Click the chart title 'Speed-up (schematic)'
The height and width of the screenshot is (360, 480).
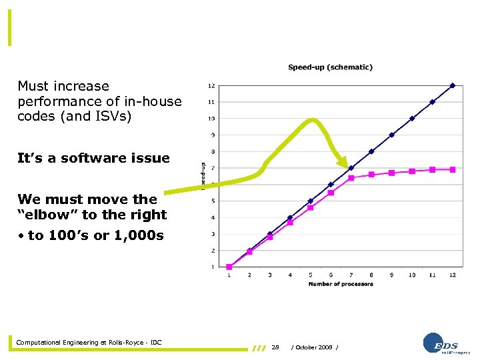tap(330, 67)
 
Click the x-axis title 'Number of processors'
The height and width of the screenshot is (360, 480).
tap(341, 284)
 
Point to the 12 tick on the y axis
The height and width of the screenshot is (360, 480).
tap(211, 85)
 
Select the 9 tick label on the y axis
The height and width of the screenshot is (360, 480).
tap(213, 135)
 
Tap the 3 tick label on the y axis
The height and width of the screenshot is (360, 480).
tap(213, 234)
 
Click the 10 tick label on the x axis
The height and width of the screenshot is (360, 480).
tap(412, 275)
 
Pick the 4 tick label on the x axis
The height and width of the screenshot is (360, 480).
tap(290, 275)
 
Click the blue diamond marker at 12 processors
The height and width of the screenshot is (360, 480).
tap(453, 85)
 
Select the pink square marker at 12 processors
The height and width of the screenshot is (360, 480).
tap(453, 169)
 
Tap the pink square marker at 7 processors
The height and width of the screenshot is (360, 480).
tap(351, 178)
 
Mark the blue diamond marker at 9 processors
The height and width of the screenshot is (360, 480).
tap(392, 135)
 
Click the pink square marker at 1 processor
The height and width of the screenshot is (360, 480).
tap(229, 267)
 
